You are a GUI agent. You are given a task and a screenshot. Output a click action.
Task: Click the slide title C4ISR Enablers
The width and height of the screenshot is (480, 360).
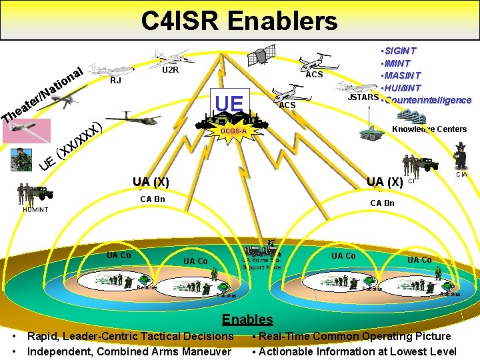coord(239,21)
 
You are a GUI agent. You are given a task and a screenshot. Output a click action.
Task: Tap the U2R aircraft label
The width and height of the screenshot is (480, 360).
coord(172,69)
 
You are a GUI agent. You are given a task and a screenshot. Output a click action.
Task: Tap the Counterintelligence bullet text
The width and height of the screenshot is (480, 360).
coord(427,100)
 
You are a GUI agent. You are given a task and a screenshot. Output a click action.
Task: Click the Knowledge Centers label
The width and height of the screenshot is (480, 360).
coord(429,129)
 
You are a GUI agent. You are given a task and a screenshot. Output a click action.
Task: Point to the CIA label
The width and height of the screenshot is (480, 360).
coord(461,175)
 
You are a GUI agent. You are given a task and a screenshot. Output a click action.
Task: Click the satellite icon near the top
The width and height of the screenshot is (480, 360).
coord(265,55)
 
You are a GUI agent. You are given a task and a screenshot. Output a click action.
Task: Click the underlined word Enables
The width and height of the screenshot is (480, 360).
coord(247,319)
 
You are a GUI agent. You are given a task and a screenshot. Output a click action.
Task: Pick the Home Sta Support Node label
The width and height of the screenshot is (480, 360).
coord(261,264)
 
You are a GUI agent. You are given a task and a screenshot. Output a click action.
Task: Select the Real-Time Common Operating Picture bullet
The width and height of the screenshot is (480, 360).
coord(354,336)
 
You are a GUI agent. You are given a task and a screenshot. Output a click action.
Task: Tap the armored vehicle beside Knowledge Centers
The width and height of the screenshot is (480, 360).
coord(369,131)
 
